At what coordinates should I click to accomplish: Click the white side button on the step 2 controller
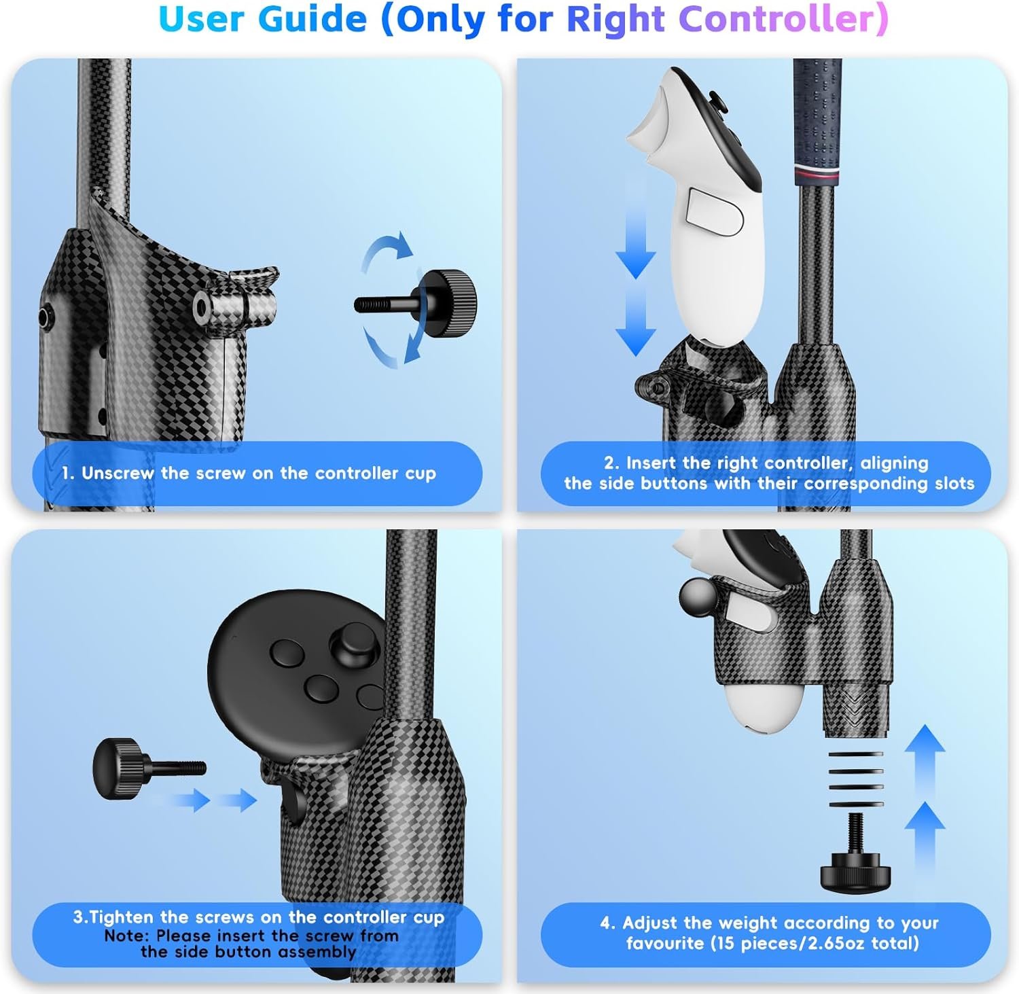coord(714,213)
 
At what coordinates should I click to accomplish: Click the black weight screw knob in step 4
coord(855,870)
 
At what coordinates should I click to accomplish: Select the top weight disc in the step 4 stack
coord(855,754)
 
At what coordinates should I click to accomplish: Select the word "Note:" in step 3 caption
coord(127,936)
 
